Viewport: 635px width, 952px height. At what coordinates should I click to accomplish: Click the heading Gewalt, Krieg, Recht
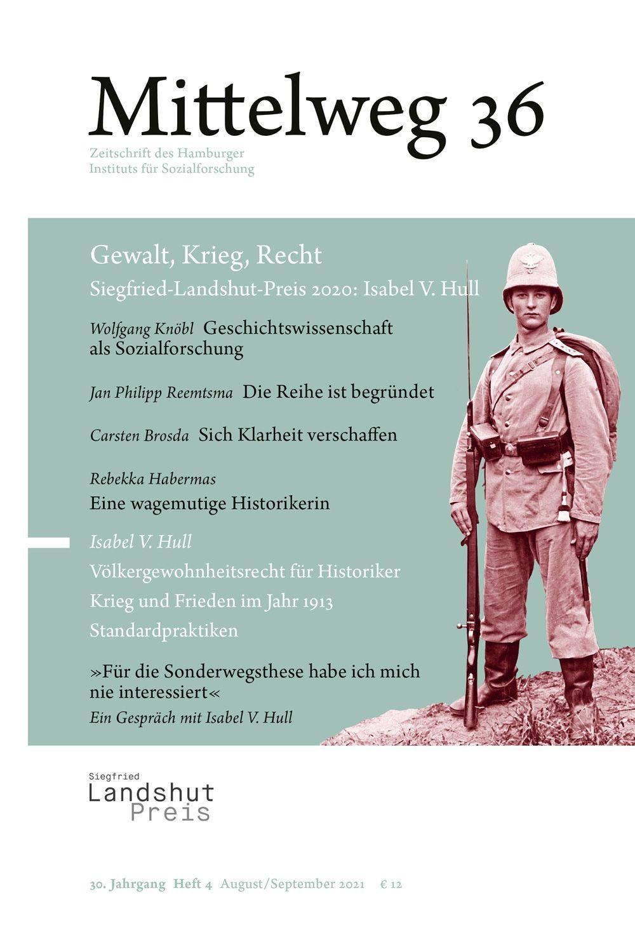click(x=206, y=255)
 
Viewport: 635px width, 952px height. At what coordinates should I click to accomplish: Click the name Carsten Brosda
click(x=139, y=435)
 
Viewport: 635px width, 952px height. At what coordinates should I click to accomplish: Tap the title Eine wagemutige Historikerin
click(x=210, y=503)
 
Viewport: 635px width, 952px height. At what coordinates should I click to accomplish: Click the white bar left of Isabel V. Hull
click(x=49, y=541)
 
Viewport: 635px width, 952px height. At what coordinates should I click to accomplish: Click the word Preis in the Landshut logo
click(x=170, y=812)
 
